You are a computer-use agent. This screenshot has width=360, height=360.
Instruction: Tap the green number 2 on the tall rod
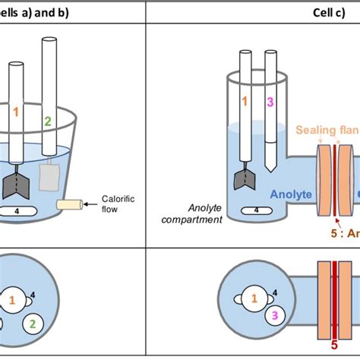47,121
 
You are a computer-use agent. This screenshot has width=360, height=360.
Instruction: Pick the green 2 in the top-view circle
33,324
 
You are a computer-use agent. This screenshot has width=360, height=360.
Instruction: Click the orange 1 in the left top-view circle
12,301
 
